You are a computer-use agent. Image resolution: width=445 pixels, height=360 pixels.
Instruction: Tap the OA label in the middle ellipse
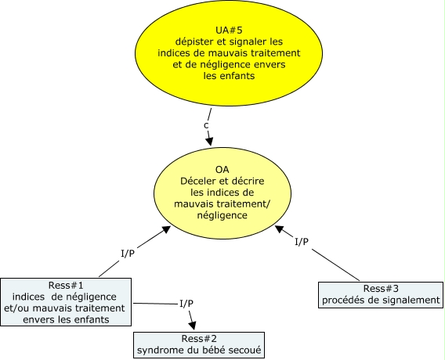pyautogui.click(x=221, y=169)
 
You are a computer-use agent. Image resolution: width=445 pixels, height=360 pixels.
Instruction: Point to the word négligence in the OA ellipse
pyautogui.click(x=221, y=214)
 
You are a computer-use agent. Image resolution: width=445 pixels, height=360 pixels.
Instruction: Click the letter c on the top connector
pyautogui.click(x=207, y=125)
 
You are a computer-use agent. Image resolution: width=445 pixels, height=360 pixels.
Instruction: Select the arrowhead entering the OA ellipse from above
pyautogui.click(x=210, y=140)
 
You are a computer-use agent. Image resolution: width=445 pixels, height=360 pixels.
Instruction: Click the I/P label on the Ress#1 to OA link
pyautogui.click(x=131, y=254)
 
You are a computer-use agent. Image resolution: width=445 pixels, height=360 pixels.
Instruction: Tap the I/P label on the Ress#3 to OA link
pyautogui.click(x=302, y=243)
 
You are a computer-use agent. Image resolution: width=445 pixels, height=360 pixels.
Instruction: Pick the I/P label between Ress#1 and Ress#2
pyautogui.click(x=186, y=303)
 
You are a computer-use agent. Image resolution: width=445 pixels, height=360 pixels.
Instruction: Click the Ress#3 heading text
pyautogui.click(x=381, y=287)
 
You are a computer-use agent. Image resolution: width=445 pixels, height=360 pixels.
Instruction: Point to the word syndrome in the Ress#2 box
pyautogui.click(x=163, y=351)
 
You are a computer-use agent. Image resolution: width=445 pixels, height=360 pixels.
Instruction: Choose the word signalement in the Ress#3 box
pyautogui.click(x=407, y=300)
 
